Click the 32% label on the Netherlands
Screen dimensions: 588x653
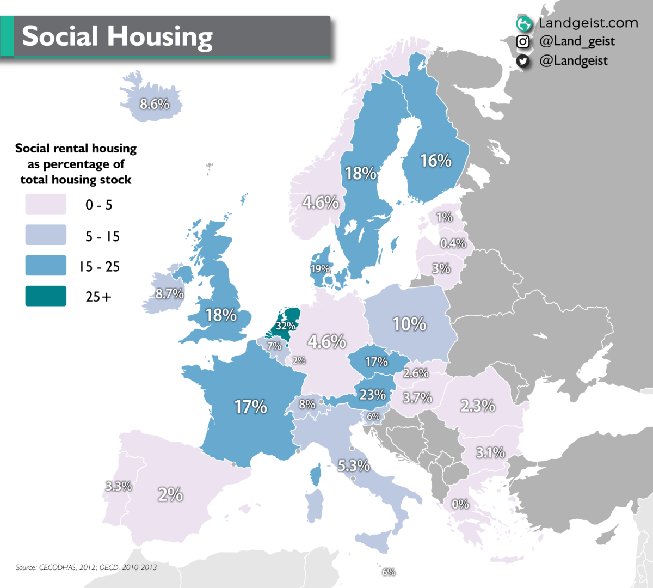click(x=286, y=326)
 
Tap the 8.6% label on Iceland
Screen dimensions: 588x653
click(x=155, y=104)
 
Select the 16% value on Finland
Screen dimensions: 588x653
click(x=436, y=161)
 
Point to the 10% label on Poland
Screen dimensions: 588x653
click(x=409, y=324)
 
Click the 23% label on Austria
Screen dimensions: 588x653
click(x=373, y=395)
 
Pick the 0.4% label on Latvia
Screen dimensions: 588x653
click(x=453, y=243)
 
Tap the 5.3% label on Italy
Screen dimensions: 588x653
click(x=354, y=465)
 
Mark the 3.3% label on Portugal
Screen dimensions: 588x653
click(x=119, y=486)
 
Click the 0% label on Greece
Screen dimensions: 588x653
click(x=460, y=504)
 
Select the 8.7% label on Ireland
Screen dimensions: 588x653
click(x=169, y=294)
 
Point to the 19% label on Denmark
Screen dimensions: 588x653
click(x=320, y=269)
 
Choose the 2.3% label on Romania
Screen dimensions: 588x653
click(x=478, y=406)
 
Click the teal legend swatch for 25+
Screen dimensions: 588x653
click(x=46, y=296)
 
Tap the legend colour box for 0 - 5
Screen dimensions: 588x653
click(x=46, y=205)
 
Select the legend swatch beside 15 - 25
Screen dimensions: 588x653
click(x=46, y=266)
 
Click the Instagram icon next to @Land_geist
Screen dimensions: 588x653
click(x=523, y=42)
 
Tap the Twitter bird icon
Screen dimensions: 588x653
click(x=523, y=61)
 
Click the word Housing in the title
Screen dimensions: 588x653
click(x=159, y=36)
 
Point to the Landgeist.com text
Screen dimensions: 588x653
click(x=588, y=23)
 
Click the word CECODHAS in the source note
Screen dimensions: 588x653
click(x=58, y=567)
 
